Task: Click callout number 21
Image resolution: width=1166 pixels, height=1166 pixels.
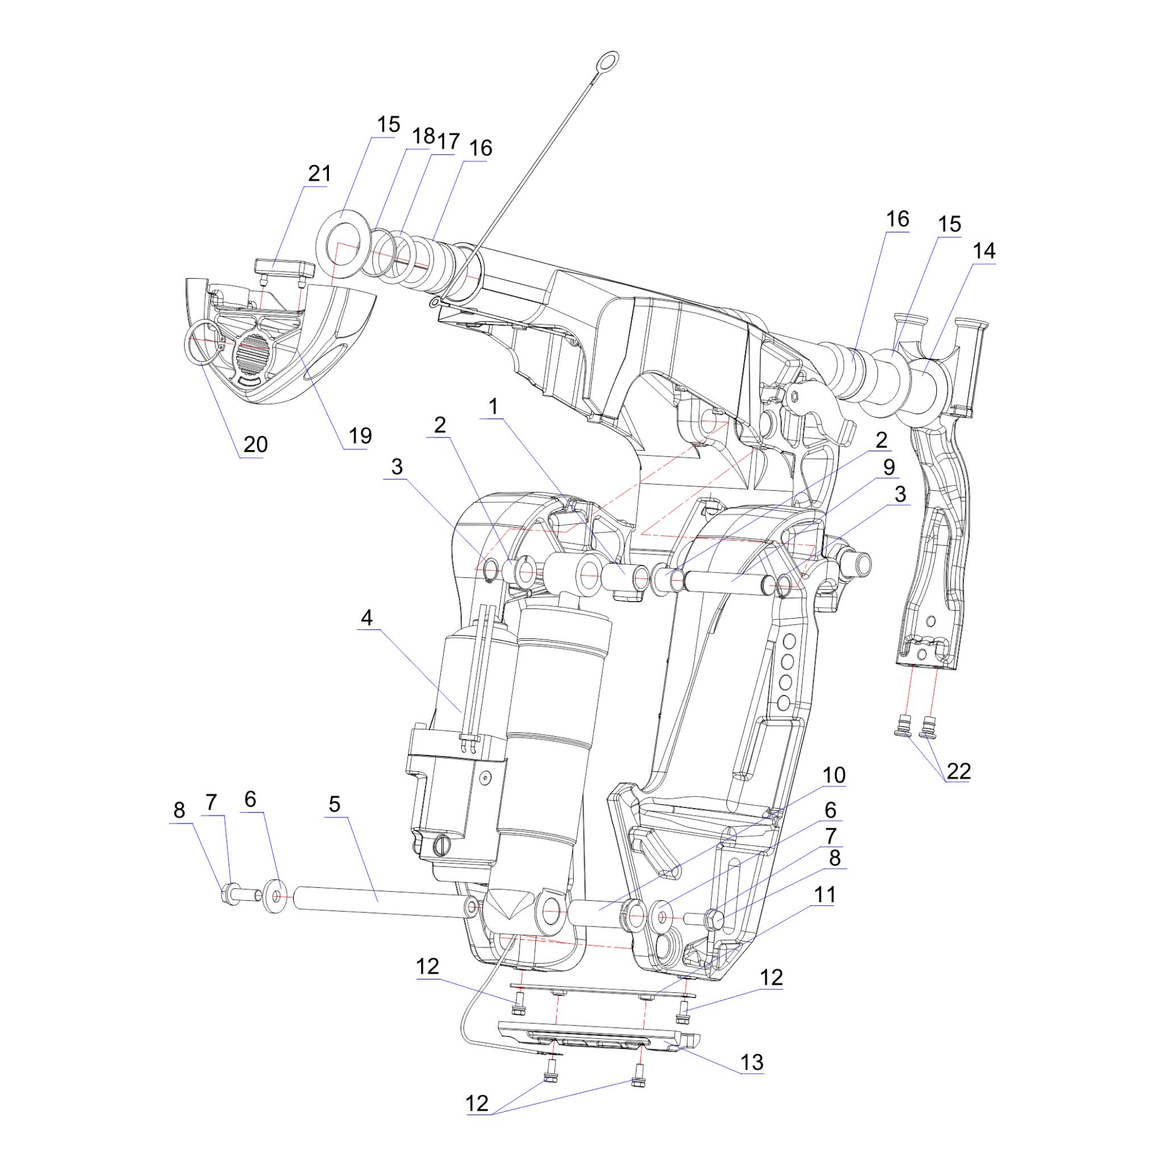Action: point(319,174)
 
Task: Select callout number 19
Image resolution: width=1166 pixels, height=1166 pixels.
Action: point(360,436)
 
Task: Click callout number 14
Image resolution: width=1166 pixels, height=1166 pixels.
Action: point(984,251)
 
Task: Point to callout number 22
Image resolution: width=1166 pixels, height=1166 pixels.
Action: point(958,771)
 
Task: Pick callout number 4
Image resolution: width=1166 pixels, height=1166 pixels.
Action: point(367,617)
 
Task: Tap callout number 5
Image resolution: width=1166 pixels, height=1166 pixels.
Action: point(334,804)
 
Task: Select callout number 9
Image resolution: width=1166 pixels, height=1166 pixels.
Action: point(889,467)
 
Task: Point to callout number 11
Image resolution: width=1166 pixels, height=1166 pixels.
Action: point(824,894)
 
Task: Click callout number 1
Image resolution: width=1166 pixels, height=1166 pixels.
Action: point(494,407)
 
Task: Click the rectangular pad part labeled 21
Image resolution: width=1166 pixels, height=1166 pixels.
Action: point(284,267)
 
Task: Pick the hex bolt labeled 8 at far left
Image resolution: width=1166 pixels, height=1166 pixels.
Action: point(233,893)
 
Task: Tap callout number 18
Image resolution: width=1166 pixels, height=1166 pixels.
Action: point(423,136)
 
